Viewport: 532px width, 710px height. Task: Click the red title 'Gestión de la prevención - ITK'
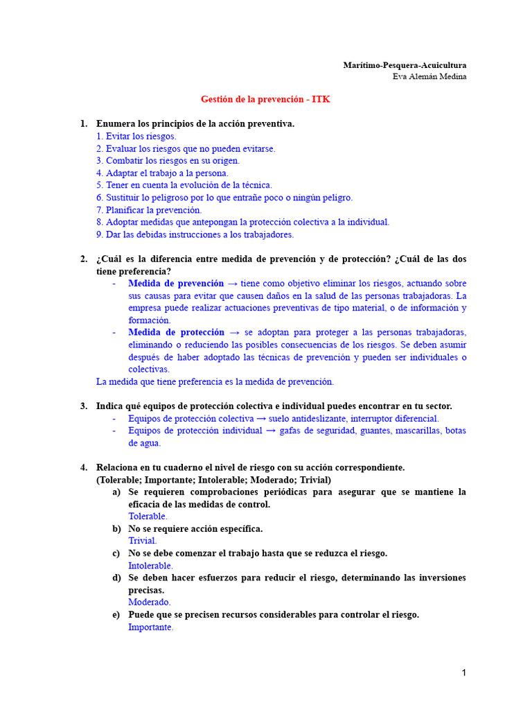(x=265, y=99)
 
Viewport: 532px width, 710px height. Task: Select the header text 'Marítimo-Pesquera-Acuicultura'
(x=405, y=65)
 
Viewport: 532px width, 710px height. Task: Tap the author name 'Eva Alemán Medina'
(x=429, y=76)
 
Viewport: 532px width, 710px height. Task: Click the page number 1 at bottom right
(x=464, y=673)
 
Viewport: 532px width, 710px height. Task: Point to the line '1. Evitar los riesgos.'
(x=136, y=137)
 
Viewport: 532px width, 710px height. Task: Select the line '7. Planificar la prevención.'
(x=149, y=210)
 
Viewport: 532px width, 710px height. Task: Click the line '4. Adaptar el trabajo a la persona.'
(x=162, y=173)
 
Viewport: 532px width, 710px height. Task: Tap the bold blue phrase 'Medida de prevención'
(x=176, y=284)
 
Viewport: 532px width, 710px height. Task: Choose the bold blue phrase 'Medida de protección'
(x=176, y=333)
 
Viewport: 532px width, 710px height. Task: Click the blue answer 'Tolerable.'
(x=148, y=517)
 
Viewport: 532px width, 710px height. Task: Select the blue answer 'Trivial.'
(x=142, y=541)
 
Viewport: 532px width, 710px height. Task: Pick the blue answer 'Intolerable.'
(x=150, y=566)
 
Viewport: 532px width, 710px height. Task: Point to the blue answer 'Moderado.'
(x=149, y=603)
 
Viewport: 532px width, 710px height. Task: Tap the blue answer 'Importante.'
(x=150, y=627)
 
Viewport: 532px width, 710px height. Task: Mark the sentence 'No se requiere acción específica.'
(x=195, y=529)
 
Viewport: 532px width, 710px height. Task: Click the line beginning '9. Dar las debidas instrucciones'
(x=195, y=234)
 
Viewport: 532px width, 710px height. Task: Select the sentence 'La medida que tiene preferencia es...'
(x=215, y=382)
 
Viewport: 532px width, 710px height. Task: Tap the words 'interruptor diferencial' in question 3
(x=394, y=419)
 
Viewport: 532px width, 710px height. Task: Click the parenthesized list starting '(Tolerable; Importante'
(x=213, y=480)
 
